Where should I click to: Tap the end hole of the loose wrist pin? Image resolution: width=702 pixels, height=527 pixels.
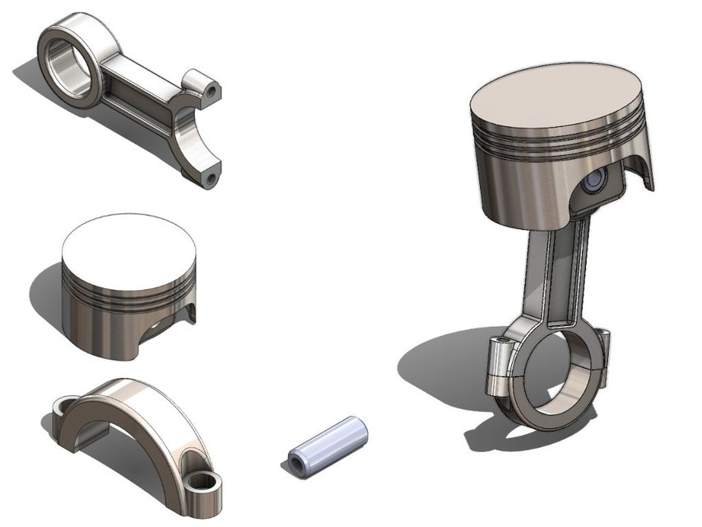coord(294,465)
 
